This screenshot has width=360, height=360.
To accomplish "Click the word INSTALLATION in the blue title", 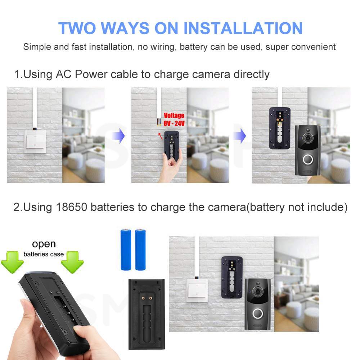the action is coord(243,28).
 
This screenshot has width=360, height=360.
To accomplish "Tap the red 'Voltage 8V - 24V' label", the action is coord(174,120).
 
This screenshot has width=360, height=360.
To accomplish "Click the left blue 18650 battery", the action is coord(126,249).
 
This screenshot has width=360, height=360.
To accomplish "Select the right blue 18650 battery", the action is coord(140,249).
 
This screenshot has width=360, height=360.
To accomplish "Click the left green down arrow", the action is coord(12,262).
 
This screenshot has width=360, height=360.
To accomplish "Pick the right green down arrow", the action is coord(72,262).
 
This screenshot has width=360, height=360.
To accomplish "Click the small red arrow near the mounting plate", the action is coord(160,136).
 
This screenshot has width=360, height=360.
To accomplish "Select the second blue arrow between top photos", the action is coord(240,136).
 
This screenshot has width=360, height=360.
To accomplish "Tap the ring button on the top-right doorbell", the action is coord(308,159).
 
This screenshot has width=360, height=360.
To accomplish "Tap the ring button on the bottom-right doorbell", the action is coord(258,314).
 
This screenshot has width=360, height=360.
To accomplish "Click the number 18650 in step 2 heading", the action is coord(71,207).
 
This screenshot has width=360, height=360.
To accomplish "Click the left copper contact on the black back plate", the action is coord(143,298).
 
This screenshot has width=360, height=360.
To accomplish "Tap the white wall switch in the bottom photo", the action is coord(197,291).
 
